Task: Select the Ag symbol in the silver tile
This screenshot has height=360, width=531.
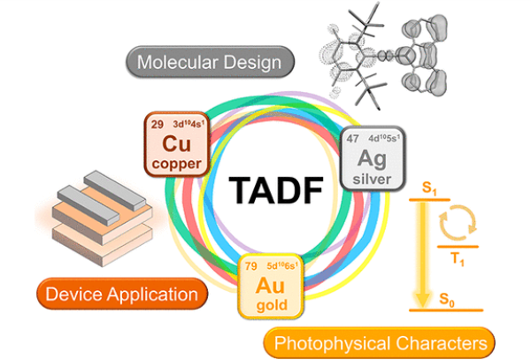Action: tap(366, 157)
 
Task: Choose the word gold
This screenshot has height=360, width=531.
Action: tap(270, 305)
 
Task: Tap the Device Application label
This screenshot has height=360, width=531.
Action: tap(122, 293)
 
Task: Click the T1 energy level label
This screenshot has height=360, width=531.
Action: tap(457, 259)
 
